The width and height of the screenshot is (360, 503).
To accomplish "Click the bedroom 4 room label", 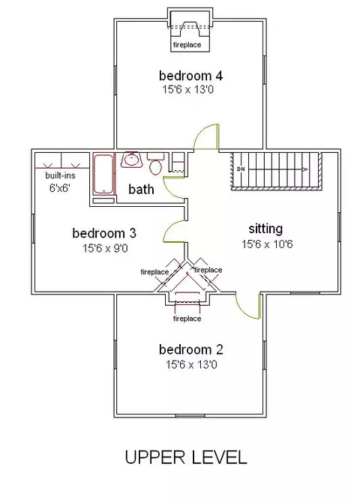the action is point(190,76).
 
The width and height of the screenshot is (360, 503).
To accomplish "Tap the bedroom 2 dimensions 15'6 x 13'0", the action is point(191,365).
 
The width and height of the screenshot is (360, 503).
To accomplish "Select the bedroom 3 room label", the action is point(104,233).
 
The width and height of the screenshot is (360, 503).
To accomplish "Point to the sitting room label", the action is point(265,229).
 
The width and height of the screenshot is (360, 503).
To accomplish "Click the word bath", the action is point(141,189).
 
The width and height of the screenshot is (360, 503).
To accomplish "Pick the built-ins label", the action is point(60,175).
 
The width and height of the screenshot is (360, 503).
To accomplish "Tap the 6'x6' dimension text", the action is point(60,188).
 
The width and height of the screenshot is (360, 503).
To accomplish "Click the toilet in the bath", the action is point(155,163).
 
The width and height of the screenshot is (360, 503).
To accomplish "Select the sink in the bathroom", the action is point(131,160).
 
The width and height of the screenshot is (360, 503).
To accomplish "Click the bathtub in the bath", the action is point(103,174).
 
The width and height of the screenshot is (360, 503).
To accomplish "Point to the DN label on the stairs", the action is point(241,169).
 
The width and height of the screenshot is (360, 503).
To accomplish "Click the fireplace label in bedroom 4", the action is point(187,44).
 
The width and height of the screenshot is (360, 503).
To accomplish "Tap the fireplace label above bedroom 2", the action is point(187,319).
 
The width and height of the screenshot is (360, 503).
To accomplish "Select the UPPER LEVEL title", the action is point(186,457).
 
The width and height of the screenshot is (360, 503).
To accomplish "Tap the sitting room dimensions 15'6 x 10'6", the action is point(267,244).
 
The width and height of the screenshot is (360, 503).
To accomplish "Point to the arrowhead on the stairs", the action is point(304,169).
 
